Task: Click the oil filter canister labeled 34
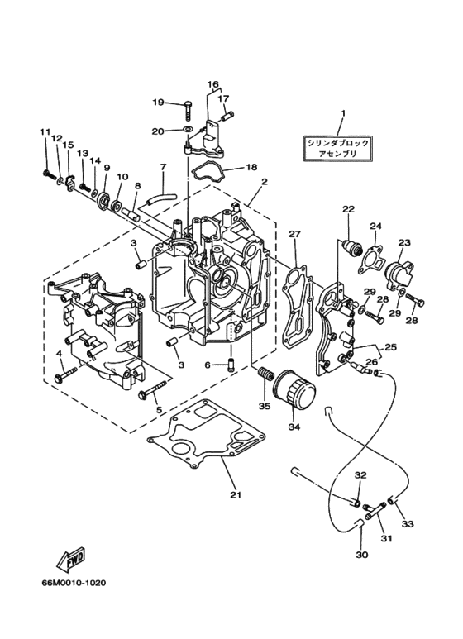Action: pyautogui.click(x=294, y=389)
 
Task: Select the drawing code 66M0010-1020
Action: pyautogui.click(x=74, y=583)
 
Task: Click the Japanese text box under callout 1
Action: pyautogui.click(x=338, y=148)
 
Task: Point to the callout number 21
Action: pyautogui.click(x=236, y=495)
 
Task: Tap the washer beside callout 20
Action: pyautogui.click(x=188, y=130)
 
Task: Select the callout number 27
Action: pyautogui.click(x=294, y=234)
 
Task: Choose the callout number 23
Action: pyautogui.click(x=403, y=241)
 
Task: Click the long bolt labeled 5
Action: pyautogui.click(x=155, y=389)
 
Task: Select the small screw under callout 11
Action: pyautogui.click(x=50, y=174)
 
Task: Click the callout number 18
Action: pyautogui.click(x=252, y=167)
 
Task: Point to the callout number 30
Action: pyautogui.click(x=361, y=555)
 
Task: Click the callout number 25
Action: pyautogui.click(x=390, y=348)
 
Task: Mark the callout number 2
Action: pyautogui.click(x=264, y=182)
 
